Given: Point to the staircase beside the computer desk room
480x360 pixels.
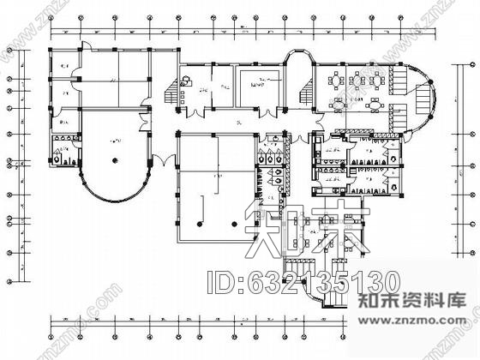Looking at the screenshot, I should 182,84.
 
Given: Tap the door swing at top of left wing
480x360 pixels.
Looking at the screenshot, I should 81,51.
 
